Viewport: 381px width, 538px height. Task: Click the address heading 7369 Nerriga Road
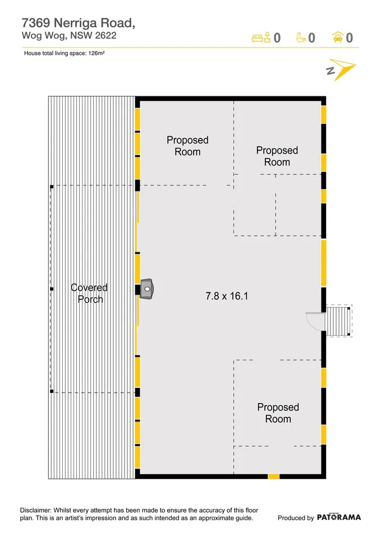click(x=78, y=23)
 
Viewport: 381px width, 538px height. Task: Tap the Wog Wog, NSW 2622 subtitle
click(x=69, y=35)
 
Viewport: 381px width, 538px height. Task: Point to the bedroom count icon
click(x=261, y=38)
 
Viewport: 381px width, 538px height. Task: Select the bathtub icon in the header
click(x=301, y=38)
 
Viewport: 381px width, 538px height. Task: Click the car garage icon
click(x=338, y=38)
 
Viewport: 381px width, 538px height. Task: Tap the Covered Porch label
click(x=89, y=293)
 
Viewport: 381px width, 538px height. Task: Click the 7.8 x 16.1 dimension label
click(x=227, y=296)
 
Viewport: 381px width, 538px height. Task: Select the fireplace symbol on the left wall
click(x=147, y=289)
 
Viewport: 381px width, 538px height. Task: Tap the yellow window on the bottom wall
click(x=273, y=476)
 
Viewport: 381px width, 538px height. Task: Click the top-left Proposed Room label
click(x=187, y=146)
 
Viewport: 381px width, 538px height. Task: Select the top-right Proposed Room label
click(x=277, y=156)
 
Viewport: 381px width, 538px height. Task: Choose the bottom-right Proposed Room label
click(x=278, y=413)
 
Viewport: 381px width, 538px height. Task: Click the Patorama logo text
click(x=339, y=518)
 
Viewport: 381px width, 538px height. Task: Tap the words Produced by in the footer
click(x=296, y=518)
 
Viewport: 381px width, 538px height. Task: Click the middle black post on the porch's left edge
click(x=52, y=289)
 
